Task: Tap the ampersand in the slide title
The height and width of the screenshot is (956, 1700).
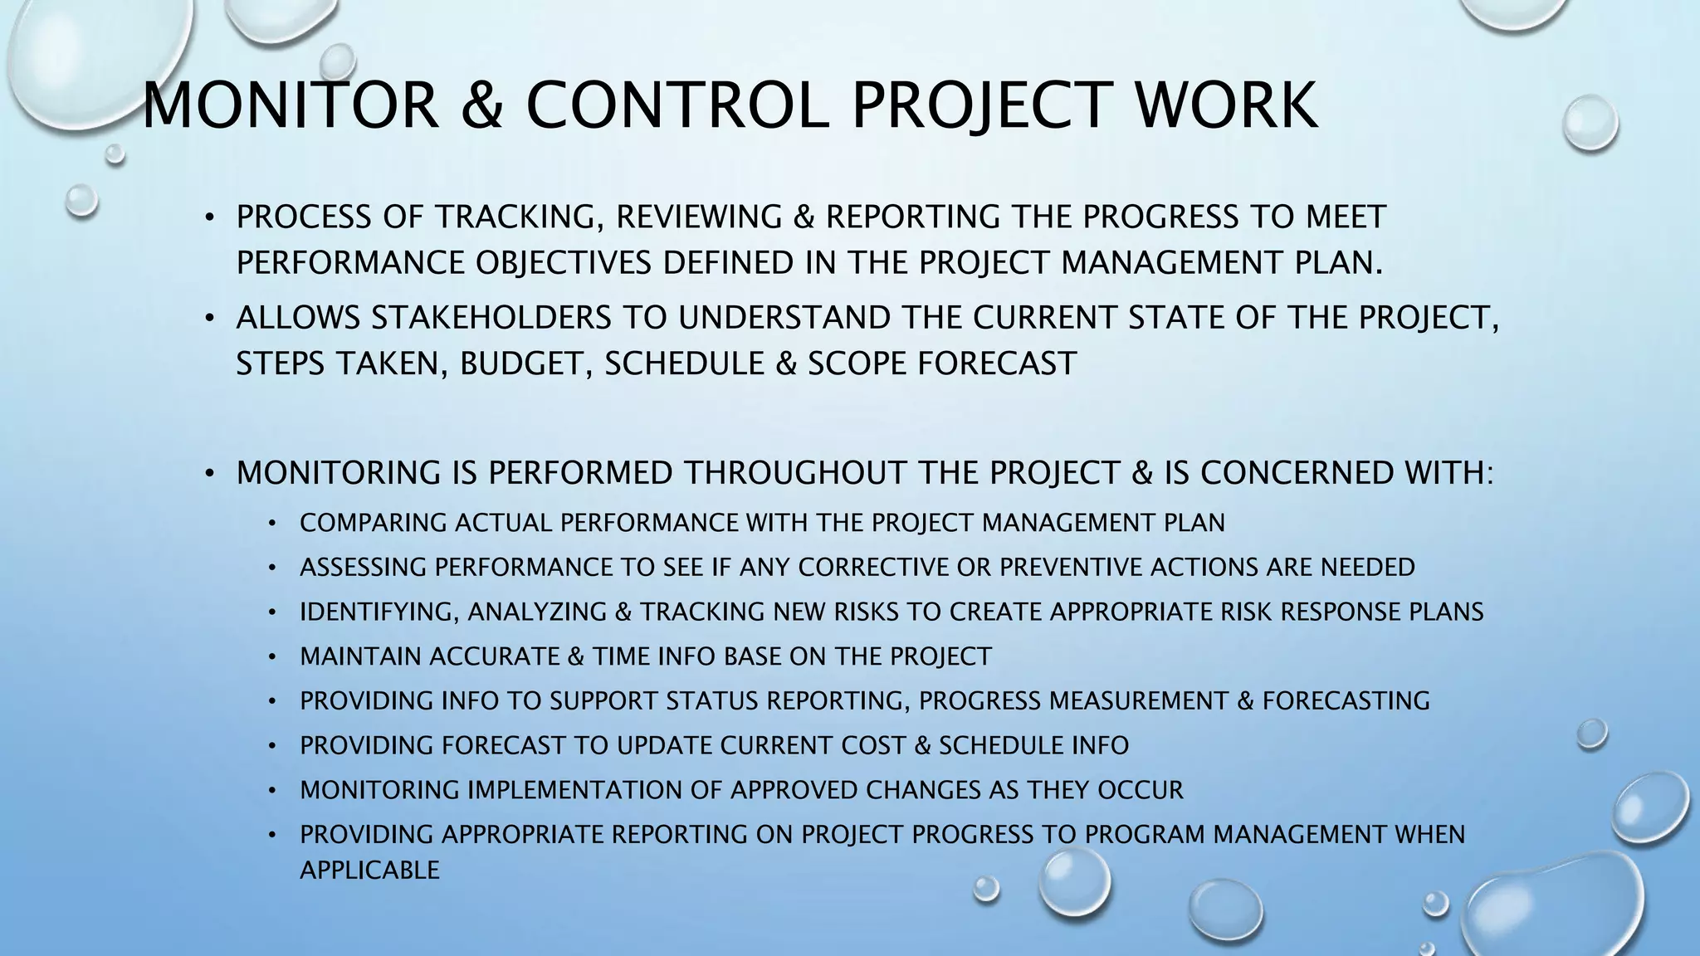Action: click(481, 105)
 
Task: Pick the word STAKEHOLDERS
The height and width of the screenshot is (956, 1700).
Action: click(491, 318)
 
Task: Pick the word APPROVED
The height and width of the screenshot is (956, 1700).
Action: click(794, 790)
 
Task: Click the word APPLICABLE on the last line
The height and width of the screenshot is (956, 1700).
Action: click(369, 871)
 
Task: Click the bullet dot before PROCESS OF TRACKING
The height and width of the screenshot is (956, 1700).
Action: click(211, 218)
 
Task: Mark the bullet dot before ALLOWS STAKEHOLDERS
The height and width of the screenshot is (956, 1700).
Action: click(211, 319)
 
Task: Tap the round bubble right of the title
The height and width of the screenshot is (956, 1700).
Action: click(1590, 123)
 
